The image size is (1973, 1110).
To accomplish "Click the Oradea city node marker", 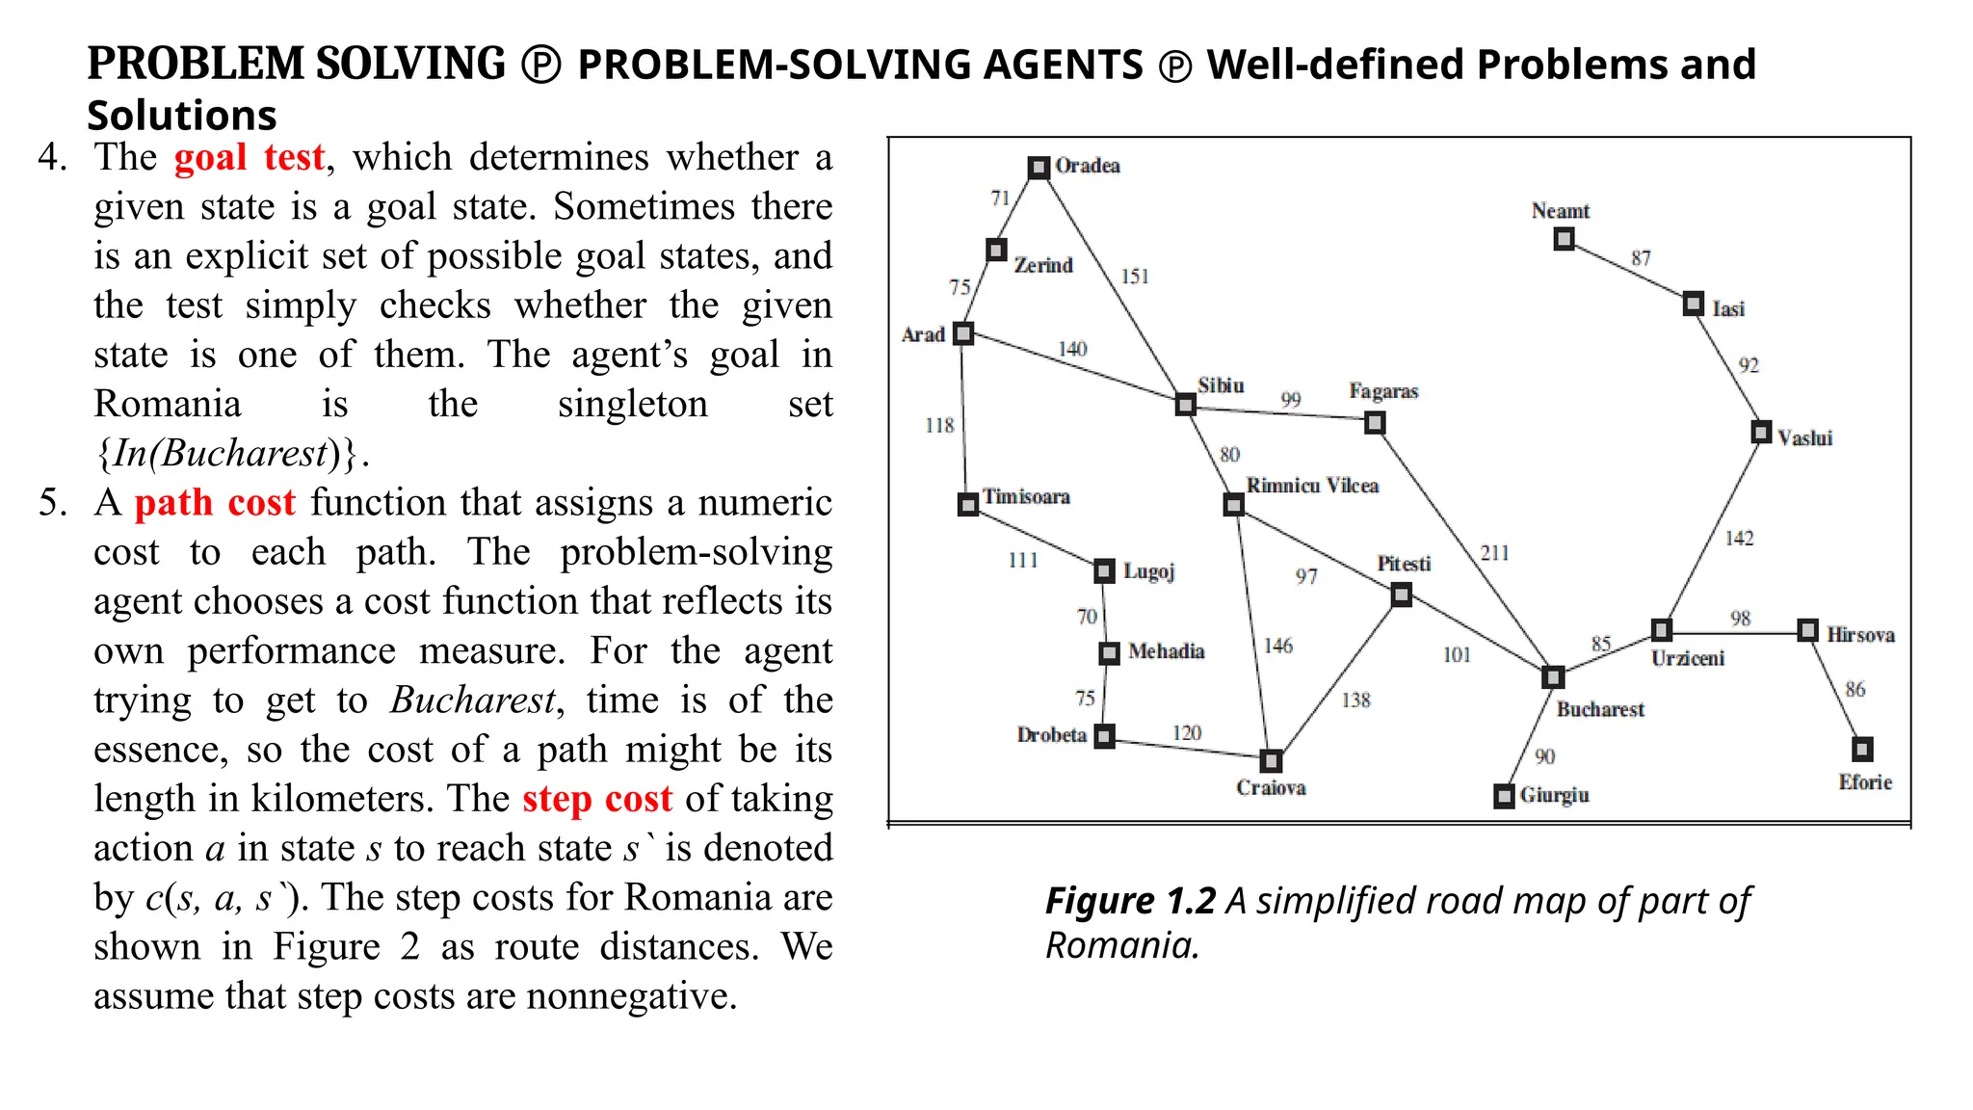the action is pos(1038,168).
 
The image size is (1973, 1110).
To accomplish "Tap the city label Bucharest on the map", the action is pos(1600,709).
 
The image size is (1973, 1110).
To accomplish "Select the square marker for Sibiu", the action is pos(1186,405).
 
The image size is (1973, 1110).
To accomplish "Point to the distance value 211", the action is pos(1494,553).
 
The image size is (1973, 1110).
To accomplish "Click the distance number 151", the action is pos(1135,277).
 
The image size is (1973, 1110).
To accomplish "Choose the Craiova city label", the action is pos(1271,788).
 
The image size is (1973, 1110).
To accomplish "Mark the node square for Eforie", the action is pos(1862,749).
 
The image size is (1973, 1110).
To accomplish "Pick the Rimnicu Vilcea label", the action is pos(1312,486).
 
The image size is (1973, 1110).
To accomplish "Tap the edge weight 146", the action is pos(1277,646).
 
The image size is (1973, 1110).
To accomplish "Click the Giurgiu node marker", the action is pos(1504,796).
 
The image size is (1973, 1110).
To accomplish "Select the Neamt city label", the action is pos(1560,211).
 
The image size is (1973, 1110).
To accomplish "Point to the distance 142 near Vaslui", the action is pos(1739,539).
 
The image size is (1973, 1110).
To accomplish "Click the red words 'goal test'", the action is pos(249,157).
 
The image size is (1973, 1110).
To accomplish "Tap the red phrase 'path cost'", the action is pos(214,503).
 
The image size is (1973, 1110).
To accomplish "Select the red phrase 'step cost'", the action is pos(597,799).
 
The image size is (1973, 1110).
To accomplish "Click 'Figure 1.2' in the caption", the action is pos(1130,902).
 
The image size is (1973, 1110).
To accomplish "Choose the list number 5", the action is pos(53,503).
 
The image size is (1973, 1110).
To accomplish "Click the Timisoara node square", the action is pos(968,504).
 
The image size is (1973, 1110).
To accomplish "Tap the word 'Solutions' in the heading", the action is pos(182,116).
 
